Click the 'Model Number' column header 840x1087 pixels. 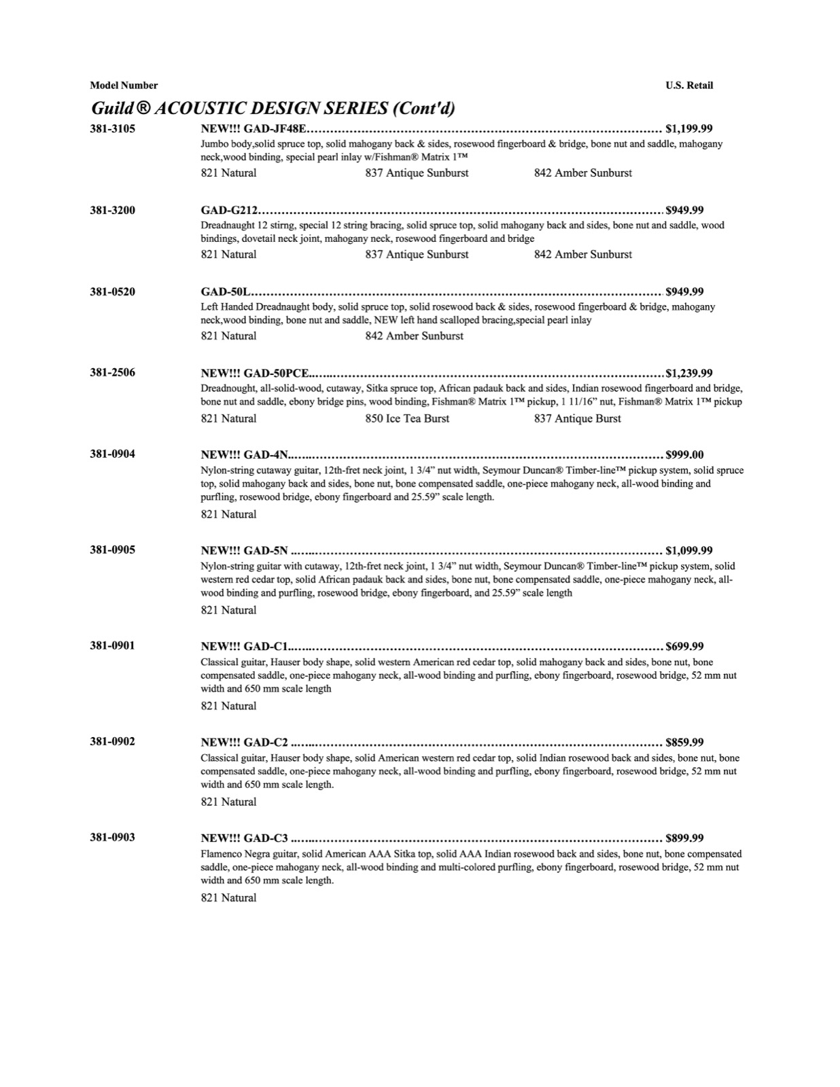[124, 86]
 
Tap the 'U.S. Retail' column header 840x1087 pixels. [689, 86]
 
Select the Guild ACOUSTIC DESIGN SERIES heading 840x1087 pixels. [273, 108]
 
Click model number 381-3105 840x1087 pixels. [112, 128]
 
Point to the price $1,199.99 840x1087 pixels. [689, 128]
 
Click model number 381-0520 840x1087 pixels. [112, 291]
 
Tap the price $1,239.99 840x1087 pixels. [689, 373]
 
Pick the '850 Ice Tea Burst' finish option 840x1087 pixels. [407, 418]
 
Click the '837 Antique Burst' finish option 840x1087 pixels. [577, 418]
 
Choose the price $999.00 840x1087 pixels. [685, 455]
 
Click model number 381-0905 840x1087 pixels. [112, 550]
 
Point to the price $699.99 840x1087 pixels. [685, 646]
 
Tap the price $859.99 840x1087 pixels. [685, 742]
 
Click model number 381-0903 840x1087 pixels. [112, 837]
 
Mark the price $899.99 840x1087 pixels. [685, 838]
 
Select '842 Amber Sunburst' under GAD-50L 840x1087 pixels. [414, 336]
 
